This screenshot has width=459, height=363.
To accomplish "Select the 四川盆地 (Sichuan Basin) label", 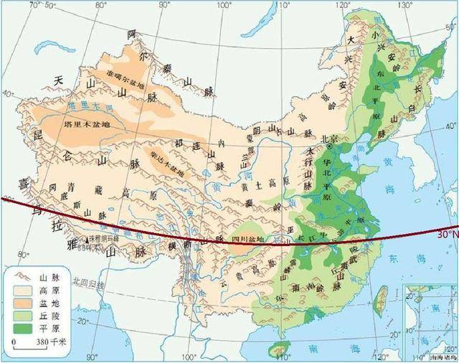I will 247,238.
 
